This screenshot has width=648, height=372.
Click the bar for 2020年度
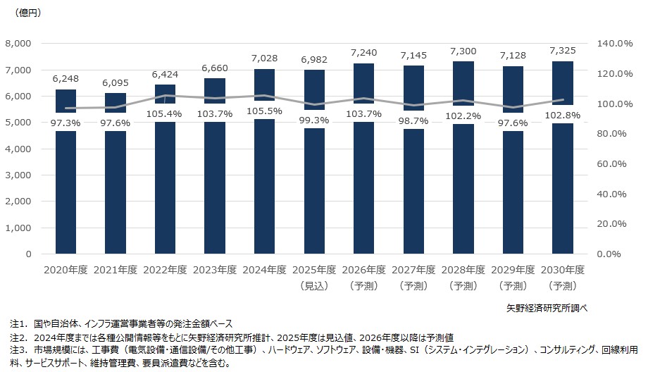point(66,190)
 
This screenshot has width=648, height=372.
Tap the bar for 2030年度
point(562,190)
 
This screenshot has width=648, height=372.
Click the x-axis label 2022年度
point(165,271)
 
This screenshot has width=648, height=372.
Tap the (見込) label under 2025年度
point(313,285)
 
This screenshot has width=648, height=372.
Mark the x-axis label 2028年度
point(463,271)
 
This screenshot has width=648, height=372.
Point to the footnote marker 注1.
point(17,325)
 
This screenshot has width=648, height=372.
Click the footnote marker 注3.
point(17,350)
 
